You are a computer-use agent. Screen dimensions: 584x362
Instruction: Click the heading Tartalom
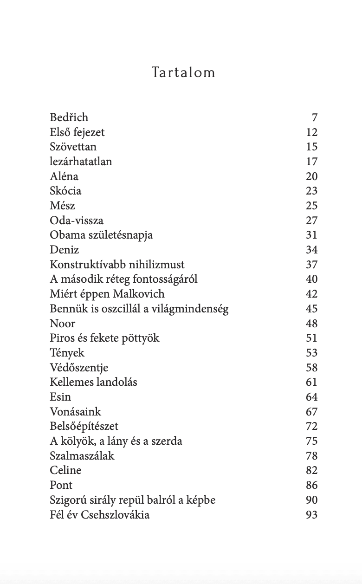(x=183, y=73)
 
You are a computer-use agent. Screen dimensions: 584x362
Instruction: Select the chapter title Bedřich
(x=69, y=117)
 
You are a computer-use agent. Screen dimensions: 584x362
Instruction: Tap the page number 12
(x=311, y=132)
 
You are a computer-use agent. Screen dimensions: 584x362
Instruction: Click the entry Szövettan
(x=73, y=147)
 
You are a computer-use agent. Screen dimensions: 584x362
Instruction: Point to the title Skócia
(x=65, y=191)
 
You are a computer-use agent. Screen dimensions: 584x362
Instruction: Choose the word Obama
(x=64, y=235)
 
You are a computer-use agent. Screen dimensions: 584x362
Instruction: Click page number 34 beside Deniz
(x=311, y=250)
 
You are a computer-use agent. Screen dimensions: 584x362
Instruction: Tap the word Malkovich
(x=141, y=294)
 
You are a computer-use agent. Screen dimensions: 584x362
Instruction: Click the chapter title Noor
(x=62, y=324)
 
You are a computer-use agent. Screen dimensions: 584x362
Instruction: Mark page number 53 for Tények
(x=311, y=353)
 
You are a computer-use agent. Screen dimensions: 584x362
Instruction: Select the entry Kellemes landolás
(x=93, y=383)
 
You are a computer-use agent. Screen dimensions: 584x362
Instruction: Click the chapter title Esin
(x=60, y=397)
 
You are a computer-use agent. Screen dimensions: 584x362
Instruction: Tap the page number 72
(x=311, y=427)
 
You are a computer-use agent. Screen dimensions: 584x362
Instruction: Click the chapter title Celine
(x=65, y=471)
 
